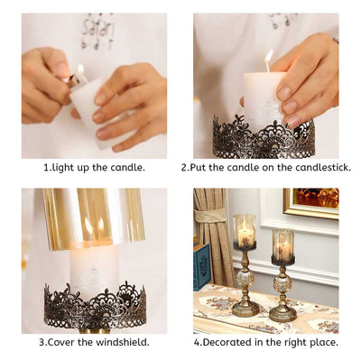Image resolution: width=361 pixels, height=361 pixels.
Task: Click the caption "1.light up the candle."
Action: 94,167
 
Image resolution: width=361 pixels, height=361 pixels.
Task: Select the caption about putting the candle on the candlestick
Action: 265,167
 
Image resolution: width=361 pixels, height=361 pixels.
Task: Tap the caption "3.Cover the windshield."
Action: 94,341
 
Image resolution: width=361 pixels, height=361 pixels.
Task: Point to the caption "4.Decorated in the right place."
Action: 265,341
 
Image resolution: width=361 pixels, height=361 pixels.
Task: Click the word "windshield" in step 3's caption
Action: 121,341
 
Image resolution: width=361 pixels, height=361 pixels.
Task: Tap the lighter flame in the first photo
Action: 79,69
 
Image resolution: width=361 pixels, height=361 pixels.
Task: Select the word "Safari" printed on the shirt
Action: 97,26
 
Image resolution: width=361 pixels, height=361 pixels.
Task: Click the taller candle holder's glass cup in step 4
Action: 244,232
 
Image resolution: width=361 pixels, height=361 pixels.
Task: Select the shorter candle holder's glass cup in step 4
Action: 283,246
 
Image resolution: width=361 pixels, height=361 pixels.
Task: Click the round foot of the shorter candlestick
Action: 283,316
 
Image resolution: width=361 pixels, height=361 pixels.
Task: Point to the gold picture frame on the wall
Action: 311,203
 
